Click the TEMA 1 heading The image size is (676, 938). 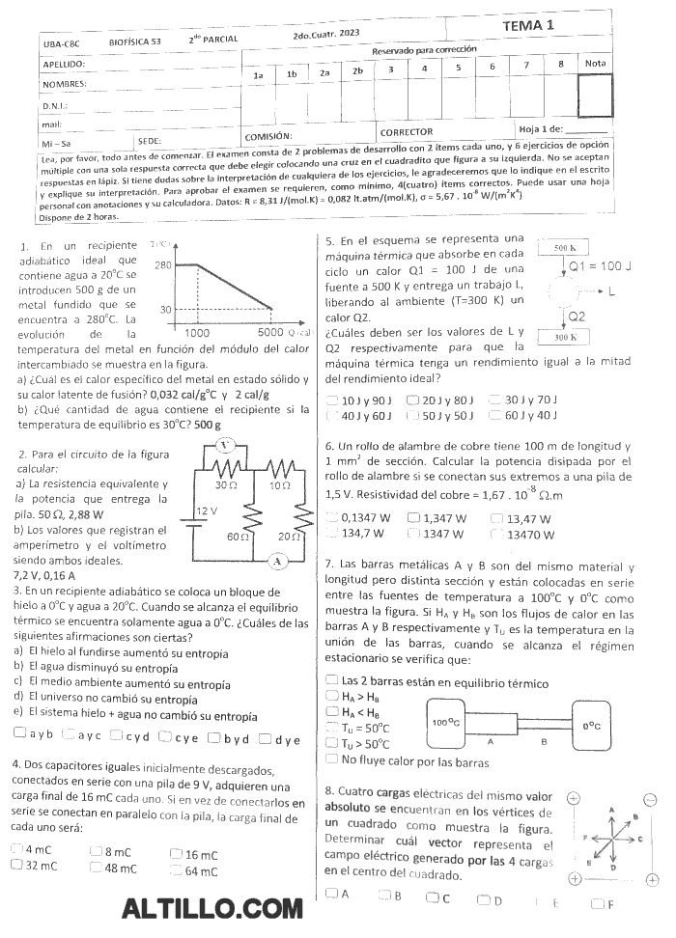point(528,26)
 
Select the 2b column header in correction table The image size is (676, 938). point(357,71)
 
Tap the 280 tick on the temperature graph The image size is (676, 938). point(162,263)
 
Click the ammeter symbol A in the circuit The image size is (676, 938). point(277,560)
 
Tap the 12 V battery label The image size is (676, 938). point(208,510)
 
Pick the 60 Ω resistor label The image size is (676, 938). point(235,536)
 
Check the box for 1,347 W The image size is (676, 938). point(413,518)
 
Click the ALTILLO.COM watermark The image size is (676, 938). point(213,909)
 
